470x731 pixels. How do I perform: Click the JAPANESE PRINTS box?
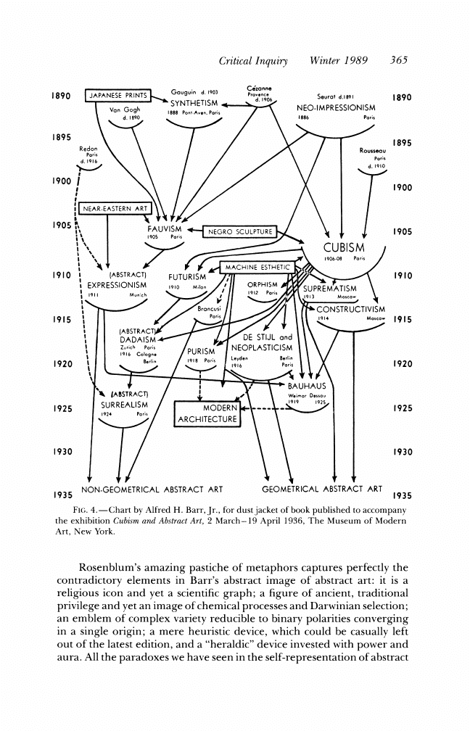point(117,95)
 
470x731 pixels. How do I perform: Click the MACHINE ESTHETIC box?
point(258,268)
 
